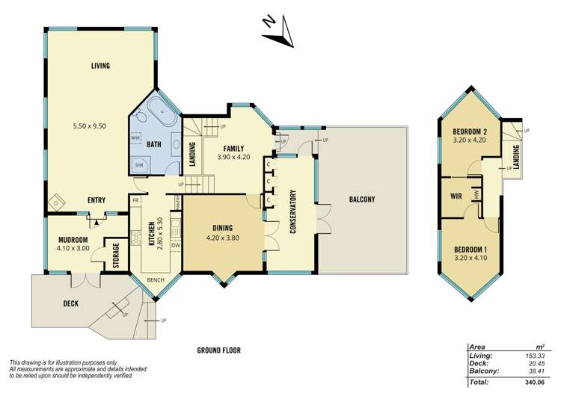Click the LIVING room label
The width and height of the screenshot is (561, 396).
tap(100, 66)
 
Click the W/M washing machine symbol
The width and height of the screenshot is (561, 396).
tap(136, 138)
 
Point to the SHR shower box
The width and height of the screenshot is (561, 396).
tap(139, 165)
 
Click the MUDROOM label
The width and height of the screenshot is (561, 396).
tap(73, 241)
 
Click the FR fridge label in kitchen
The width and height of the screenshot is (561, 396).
tap(135, 201)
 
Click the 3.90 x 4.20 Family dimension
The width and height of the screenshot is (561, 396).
tap(234, 158)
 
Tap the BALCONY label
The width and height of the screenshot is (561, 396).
tap(362, 199)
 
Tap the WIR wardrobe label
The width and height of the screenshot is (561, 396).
tap(456, 197)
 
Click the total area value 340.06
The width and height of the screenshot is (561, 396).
tap(538, 382)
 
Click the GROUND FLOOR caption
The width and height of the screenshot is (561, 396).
tap(218, 350)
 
